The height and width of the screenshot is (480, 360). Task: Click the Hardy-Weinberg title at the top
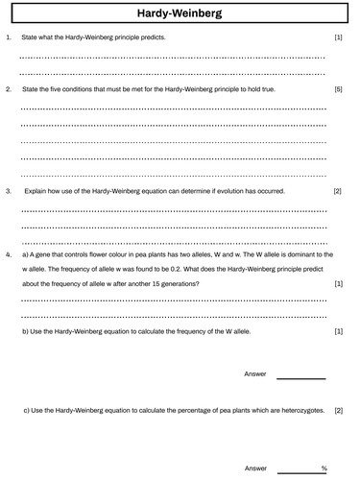coord(180,13)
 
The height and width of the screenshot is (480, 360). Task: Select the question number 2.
coord(9,89)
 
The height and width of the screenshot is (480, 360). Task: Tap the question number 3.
coord(9,191)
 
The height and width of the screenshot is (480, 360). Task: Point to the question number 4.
coord(9,255)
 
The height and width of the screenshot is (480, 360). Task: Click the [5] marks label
coord(338,89)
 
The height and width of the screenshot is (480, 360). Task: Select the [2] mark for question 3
coord(338,191)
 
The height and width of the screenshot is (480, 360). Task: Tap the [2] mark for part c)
coord(338,410)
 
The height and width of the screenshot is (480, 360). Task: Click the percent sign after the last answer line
coord(324,468)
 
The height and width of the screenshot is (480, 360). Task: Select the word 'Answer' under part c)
coord(255,468)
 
